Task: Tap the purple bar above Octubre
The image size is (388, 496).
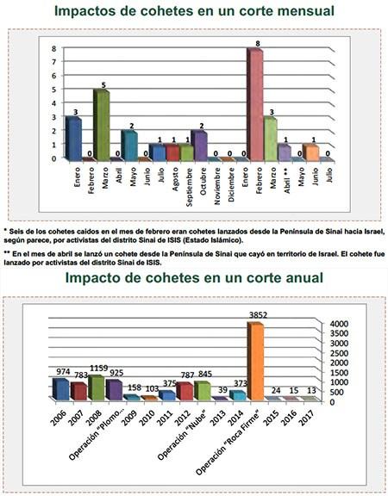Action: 199,146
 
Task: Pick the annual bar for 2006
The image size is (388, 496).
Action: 60,389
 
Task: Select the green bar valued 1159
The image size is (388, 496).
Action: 96,387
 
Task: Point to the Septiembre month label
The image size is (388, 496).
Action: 187,184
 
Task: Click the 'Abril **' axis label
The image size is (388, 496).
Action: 285,182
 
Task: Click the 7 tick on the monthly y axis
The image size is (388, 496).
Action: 53,62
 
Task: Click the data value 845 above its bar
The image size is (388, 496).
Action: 203,374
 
